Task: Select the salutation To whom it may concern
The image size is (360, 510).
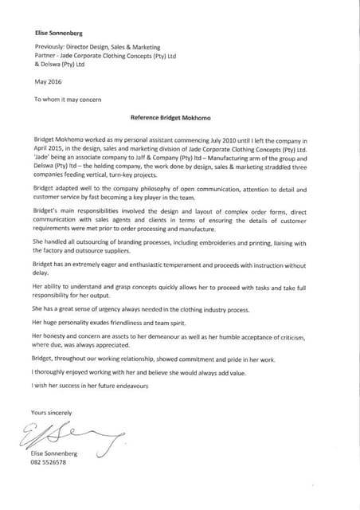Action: [x=69, y=100]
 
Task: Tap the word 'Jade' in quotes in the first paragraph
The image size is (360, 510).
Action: [x=43, y=158]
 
